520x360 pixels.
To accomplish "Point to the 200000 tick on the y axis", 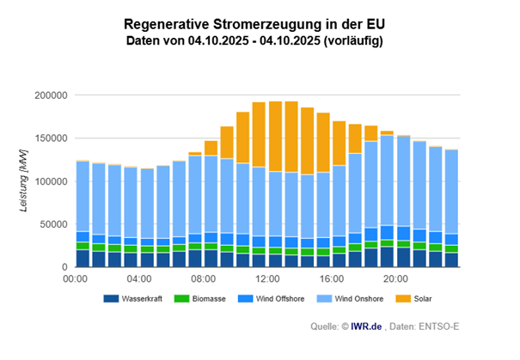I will (51, 95).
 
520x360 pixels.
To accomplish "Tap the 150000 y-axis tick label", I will (51, 137).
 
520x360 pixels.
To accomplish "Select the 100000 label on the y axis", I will (51, 180).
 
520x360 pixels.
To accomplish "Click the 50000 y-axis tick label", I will (53, 223).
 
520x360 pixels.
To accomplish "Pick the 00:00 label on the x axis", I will (76, 279).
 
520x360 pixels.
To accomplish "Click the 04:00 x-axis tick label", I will (139, 279).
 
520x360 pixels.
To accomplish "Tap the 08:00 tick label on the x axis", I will (204, 279).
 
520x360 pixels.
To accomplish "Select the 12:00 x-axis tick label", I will (267, 279).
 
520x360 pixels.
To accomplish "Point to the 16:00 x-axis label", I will (331, 279).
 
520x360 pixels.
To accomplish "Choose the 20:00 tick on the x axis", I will (395, 279).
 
